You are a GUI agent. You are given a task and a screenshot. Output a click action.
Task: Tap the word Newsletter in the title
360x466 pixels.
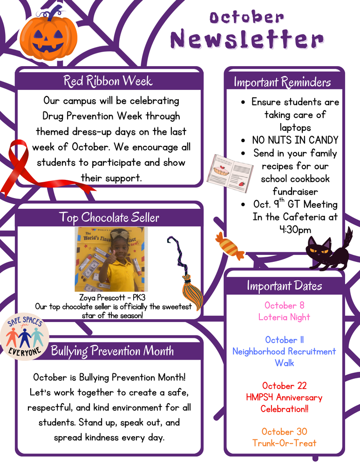point(247,39)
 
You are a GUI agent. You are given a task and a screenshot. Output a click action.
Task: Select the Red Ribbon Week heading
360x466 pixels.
point(108,81)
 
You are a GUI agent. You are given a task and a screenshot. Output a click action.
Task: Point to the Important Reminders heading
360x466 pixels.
point(282,82)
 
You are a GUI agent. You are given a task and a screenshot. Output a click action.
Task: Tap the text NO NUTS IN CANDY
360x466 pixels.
point(295,140)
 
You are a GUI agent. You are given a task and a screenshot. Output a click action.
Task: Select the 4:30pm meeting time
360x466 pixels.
point(295,229)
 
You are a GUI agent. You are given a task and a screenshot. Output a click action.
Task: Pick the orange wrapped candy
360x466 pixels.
point(230,246)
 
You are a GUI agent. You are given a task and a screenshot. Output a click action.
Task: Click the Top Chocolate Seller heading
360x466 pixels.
point(109,217)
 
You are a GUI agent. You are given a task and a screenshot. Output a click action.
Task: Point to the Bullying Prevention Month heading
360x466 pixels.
point(112,350)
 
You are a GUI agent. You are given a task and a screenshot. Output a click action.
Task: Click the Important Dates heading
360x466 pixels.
point(284,285)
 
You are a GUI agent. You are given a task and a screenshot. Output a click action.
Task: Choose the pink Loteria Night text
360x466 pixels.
point(284,317)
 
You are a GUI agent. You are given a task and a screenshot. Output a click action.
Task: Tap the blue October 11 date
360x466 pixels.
point(284,340)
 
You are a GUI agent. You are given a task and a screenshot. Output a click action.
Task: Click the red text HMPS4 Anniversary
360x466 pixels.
point(284,397)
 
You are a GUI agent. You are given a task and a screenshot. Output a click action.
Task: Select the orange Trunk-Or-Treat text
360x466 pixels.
point(284,443)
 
